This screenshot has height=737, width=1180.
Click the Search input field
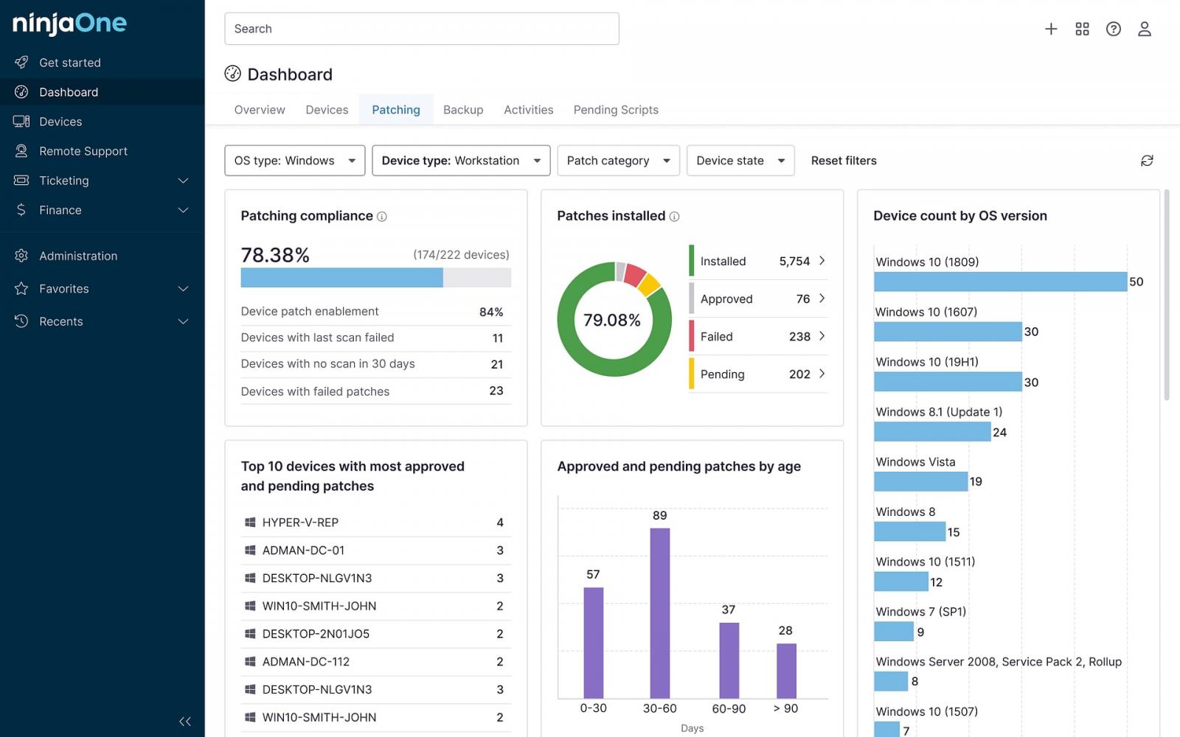tap(421, 29)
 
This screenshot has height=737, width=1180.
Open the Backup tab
tap(463, 110)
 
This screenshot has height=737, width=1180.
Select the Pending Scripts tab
tap(616, 110)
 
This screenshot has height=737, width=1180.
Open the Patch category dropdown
tap(618, 161)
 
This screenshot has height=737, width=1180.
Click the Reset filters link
tap(844, 161)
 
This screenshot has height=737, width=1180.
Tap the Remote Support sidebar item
tap(83, 151)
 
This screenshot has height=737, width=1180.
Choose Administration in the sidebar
tap(78, 256)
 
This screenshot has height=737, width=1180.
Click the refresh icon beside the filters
tap(1147, 161)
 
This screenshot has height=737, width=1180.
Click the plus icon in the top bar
tap(1051, 29)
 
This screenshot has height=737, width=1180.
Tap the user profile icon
tap(1144, 29)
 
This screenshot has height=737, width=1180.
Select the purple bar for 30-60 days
tap(659, 613)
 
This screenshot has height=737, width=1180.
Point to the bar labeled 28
tap(786, 671)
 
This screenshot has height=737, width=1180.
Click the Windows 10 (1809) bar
tap(1000, 282)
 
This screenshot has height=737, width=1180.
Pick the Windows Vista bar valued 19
tap(920, 482)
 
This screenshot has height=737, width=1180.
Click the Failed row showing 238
tap(757, 337)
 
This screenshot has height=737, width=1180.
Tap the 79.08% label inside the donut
tap(612, 320)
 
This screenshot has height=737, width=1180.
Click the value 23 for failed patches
tap(496, 391)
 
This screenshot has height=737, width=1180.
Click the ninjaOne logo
tap(69, 24)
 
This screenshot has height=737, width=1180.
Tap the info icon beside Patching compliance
tap(382, 217)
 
